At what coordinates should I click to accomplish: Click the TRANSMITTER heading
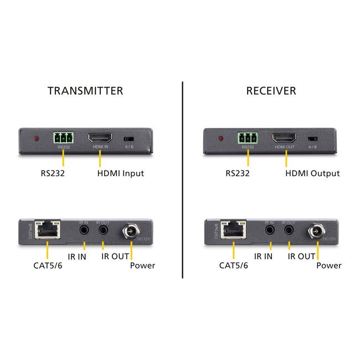point(85,90)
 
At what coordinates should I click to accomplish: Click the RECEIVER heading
point(271,90)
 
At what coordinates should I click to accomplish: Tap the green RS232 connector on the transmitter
point(63,137)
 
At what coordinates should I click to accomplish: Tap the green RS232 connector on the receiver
point(248,137)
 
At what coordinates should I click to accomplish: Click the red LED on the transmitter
point(36,138)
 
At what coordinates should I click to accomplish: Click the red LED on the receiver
point(220,138)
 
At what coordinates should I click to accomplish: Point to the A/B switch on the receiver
point(312,138)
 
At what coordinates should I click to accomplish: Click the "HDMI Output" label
point(312,173)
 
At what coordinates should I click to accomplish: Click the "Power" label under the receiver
point(329,265)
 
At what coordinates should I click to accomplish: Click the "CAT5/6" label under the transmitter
point(48,265)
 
